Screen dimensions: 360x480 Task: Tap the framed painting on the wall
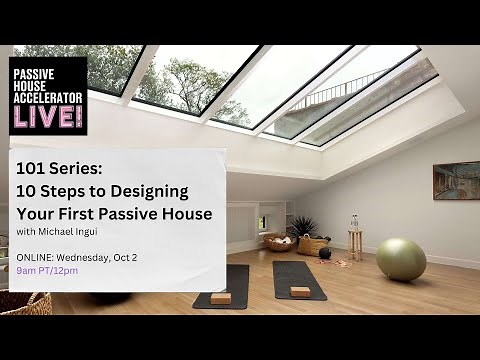pyautogui.click(x=455, y=180)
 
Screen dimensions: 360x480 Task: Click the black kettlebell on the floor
pyautogui.click(x=325, y=253)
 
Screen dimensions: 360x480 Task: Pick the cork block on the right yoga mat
pyautogui.click(x=299, y=291)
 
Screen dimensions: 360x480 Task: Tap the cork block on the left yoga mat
pyautogui.click(x=220, y=297)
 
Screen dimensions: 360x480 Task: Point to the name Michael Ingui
pyautogui.click(x=71, y=234)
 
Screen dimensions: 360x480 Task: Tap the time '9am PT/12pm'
pyautogui.click(x=51, y=271)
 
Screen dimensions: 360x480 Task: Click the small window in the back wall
pyautogui.click(x=262, y=221)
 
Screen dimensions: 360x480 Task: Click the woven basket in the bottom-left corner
pyautogui.click(x=24, y=303)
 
